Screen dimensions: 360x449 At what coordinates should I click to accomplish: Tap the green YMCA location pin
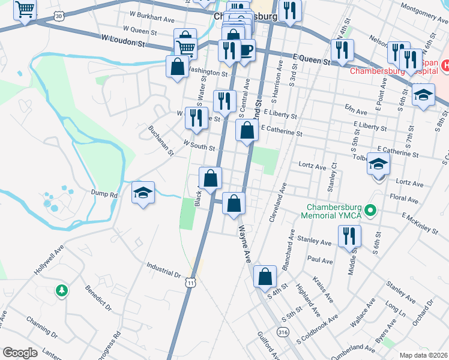(x=371, y=211)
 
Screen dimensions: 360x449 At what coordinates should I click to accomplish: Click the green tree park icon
(x=61, y=292)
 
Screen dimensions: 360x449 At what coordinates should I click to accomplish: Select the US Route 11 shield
(x=191, y=282)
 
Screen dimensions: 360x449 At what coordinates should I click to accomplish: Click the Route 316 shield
(x=282, y=331)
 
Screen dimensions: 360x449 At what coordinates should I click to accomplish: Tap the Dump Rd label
(x=105, y=194)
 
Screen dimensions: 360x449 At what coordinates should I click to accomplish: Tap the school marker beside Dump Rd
(x=143, y=193)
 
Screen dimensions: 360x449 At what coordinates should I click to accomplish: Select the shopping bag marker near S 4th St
(x=265, y=277)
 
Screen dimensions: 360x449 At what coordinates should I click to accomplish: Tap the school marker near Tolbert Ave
(x=379, y=164)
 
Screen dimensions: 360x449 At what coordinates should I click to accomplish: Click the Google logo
(x=20, y=353)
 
